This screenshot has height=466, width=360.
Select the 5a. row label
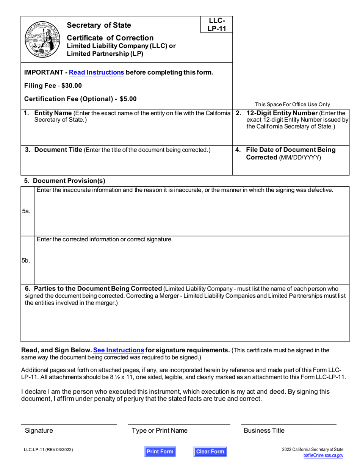coord(26,211)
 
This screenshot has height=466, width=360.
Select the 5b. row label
coord(26,261)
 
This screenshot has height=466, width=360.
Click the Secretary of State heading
coord(99,25)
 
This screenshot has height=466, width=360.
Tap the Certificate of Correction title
coord(110,38)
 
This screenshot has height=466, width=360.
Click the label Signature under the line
coord(39,430)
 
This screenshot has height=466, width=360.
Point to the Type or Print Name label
coord(160,430)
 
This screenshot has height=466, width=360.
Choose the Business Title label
coord(264,430)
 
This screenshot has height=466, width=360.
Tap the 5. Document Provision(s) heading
coord(65,180)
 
